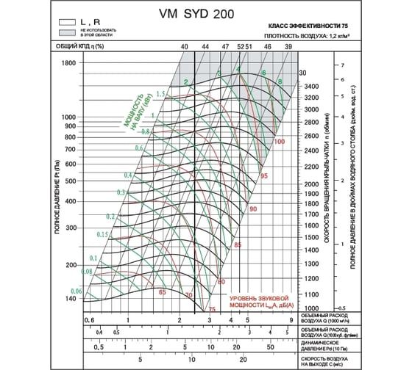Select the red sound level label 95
[263, 176]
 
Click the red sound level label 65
[163, 292]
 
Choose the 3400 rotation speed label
[311, 87]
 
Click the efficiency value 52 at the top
[240, 47]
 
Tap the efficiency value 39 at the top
[288, 47]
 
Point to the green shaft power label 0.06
[74, 291]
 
